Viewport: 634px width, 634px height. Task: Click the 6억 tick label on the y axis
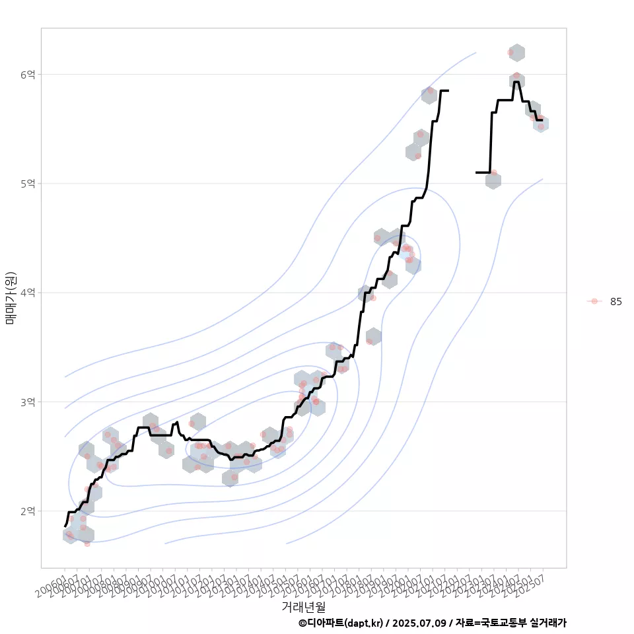28,75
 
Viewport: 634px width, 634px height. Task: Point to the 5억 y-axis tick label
28,184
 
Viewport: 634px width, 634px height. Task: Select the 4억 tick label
28,293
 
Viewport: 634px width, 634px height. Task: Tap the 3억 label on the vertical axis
28,402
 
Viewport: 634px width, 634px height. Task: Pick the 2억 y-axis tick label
28,511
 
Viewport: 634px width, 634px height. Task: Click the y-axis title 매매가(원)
11,298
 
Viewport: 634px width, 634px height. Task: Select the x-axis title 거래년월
304,606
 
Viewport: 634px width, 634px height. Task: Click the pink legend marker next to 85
594,301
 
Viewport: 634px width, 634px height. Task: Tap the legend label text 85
616,302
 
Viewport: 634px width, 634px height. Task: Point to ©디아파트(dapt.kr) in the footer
341,623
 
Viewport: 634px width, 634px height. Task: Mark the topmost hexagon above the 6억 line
517,53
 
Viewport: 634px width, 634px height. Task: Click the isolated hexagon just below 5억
493,180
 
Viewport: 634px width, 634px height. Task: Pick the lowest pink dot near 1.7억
87,544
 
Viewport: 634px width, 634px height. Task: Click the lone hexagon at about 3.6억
373,336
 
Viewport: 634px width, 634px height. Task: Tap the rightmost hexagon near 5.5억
541,123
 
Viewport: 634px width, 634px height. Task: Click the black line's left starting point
65,526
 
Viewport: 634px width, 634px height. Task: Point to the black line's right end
542,120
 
